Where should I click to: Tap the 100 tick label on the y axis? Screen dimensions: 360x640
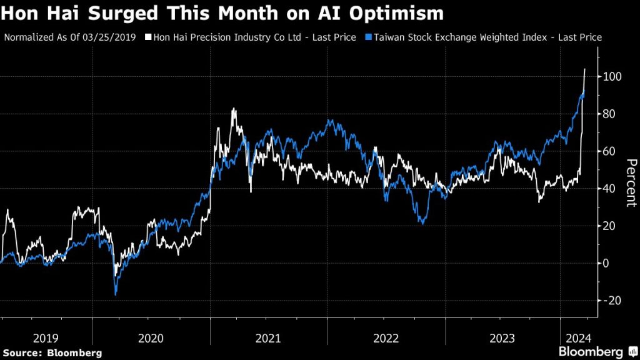(612, 77)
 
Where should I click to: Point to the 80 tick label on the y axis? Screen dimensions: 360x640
(610, 114)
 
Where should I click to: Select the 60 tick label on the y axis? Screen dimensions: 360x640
(610, 151)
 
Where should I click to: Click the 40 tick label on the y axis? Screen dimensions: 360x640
(610, 189)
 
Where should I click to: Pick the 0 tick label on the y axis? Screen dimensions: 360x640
(607, 263)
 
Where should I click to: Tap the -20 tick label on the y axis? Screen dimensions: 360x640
(612, 301)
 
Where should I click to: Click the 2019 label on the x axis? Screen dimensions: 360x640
(46, 338)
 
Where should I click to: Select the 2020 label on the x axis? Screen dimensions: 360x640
(151, 338)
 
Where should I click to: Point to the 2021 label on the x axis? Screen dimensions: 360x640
(268, 338)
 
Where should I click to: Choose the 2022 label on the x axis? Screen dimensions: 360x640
(386, 338)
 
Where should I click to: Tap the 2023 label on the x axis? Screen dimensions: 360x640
(502, 338)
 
